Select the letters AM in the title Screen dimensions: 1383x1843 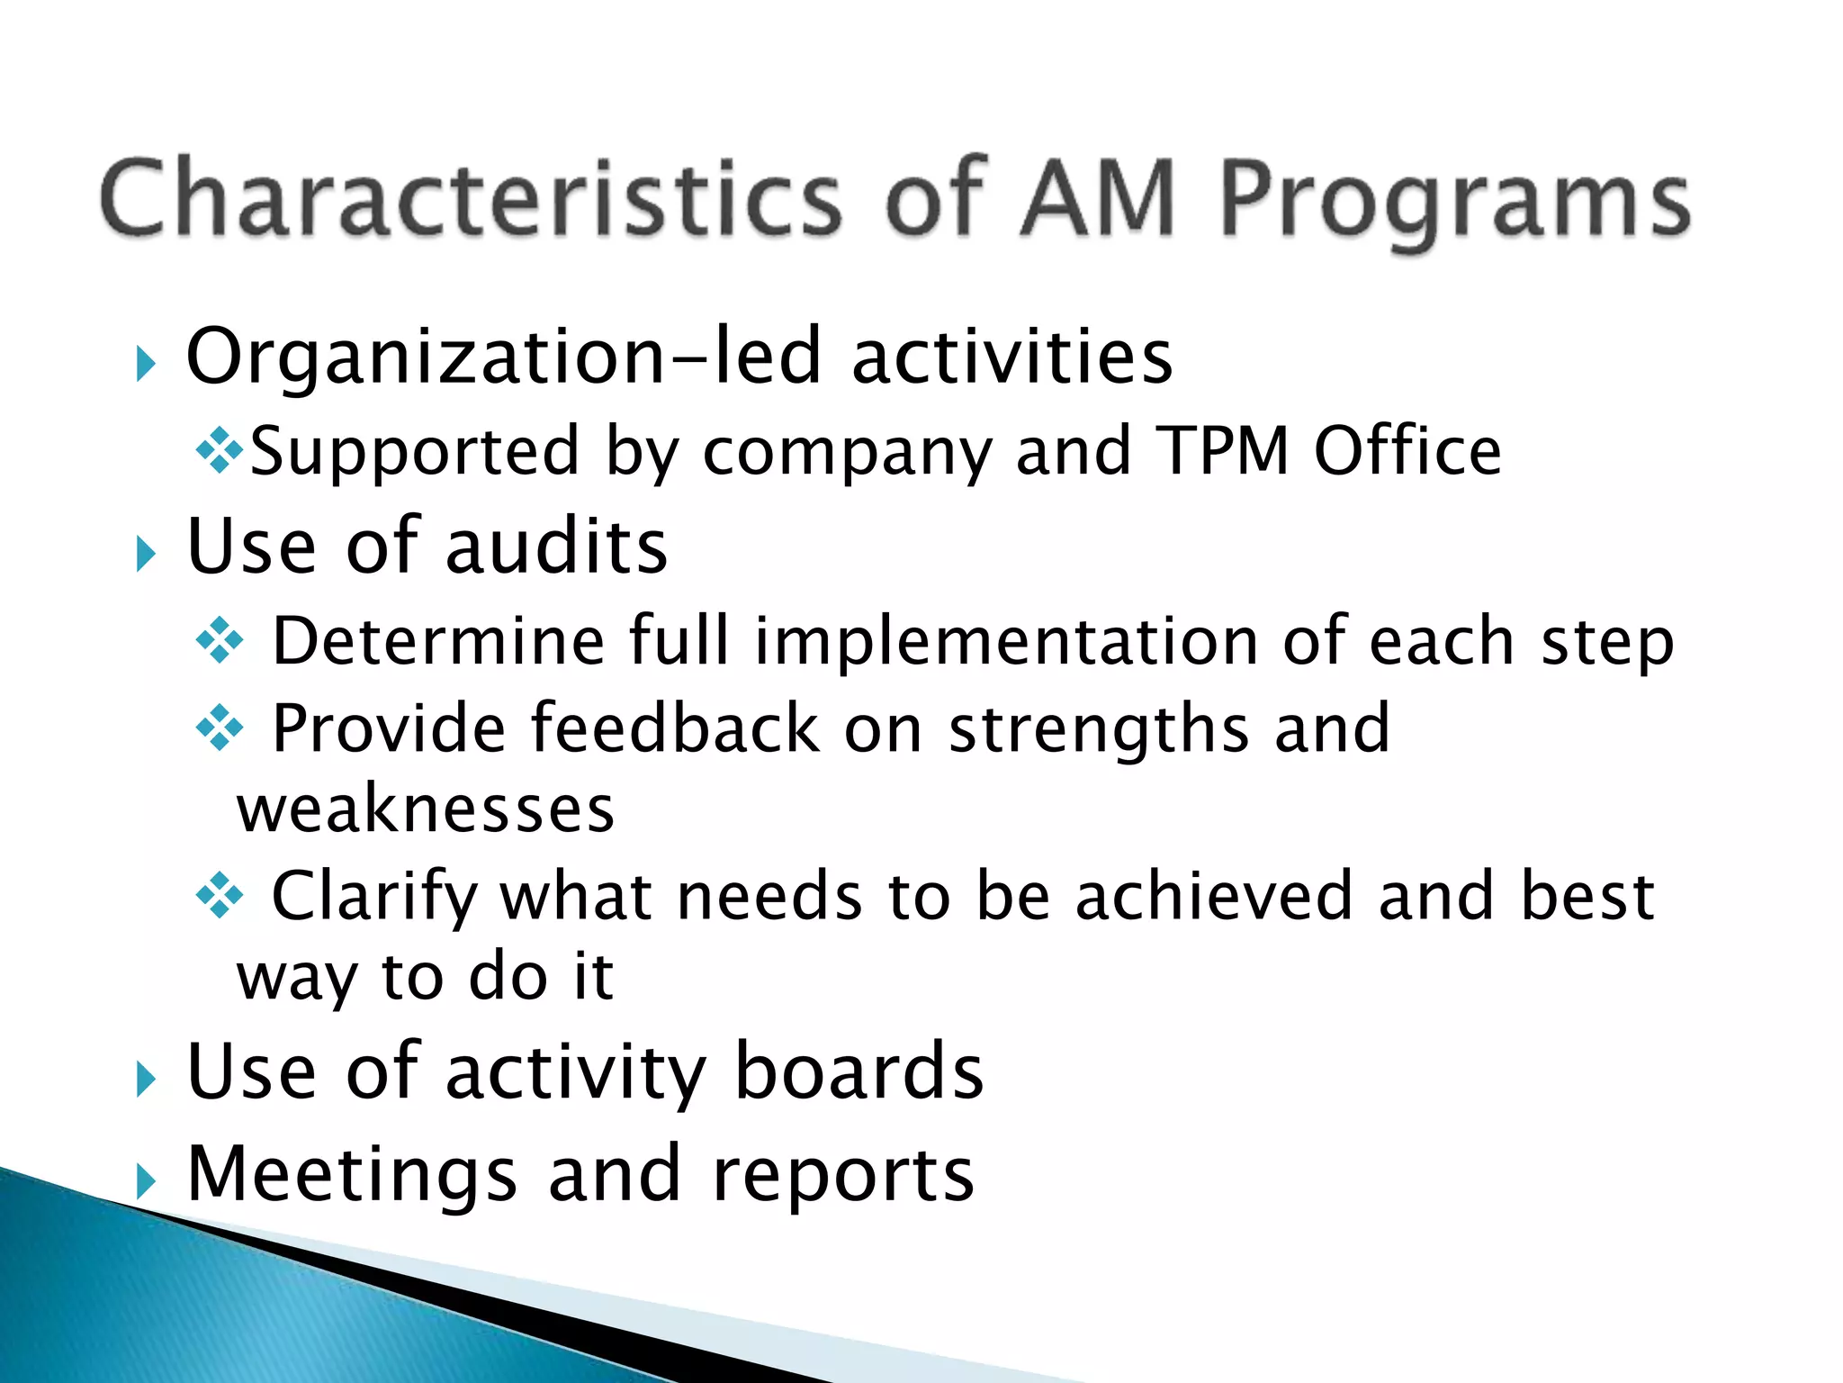(x=1099, y=198)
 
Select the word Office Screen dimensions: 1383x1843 (x=1407, y=450)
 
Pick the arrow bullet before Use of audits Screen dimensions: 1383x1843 (x=146, y=554)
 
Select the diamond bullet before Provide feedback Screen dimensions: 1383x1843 (x=220, y=728)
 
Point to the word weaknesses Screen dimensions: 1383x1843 (x=426, y=809)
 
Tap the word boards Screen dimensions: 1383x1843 (x=859, y=1071)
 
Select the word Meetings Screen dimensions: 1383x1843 (x=352, y=1175)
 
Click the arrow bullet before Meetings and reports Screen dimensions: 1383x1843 (x=146, y=1181)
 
